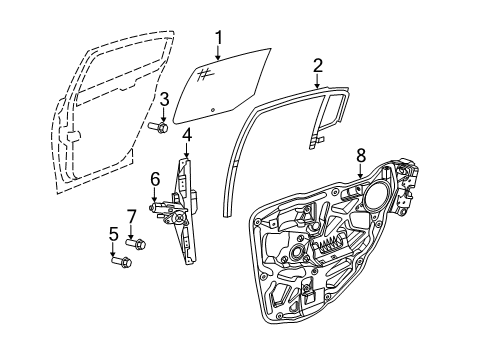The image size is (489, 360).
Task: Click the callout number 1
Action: tap(217, 38)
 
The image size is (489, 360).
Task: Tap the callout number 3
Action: tap(163, 97)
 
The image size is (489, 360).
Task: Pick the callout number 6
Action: tap(155, 179)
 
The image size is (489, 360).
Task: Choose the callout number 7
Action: tap(131, 215)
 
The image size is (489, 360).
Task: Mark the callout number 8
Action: tap(360, 155)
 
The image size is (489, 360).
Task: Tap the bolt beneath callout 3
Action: tap(159, 126)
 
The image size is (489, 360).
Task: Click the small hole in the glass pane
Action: tap(213, 108)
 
